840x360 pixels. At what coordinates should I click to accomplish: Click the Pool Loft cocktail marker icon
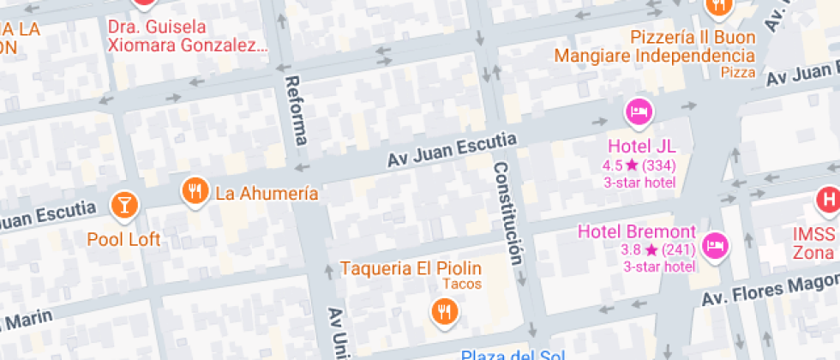pos(124,204)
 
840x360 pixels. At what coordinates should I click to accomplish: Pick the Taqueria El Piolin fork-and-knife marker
pos(443,310)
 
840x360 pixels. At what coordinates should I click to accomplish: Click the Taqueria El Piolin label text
pos(411,268)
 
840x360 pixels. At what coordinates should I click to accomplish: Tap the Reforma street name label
pos(297,110)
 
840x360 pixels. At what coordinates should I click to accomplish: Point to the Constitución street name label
pos(507,214)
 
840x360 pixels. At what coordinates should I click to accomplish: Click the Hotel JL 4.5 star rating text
pos(639,165)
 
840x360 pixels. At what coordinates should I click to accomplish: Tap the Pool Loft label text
pos(123,240)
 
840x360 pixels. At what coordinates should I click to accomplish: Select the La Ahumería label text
pos(267,193)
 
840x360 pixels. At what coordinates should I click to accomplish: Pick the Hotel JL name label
pos(641,147)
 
